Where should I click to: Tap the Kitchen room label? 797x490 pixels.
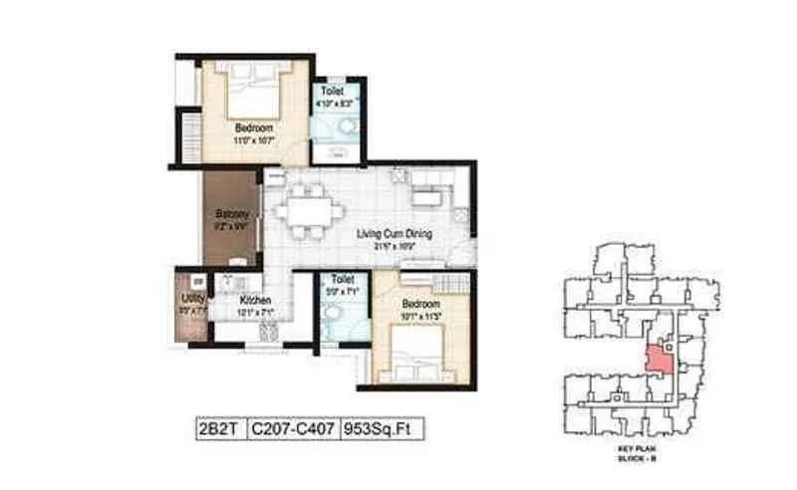255,299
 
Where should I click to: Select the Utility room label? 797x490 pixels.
192,298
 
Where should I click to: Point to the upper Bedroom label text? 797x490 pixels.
249,128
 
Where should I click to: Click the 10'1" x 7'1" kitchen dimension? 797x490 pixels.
255,312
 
